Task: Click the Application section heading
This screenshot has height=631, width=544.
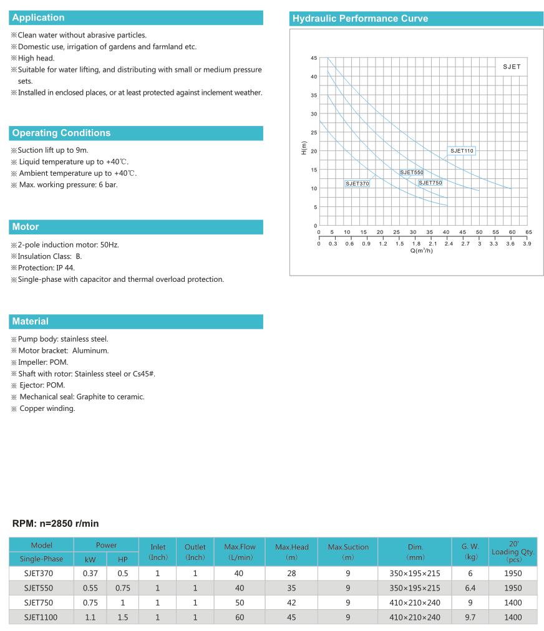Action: (38, 17)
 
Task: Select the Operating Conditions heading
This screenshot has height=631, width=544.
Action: (61, 133)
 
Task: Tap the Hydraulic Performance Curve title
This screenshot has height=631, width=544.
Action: (361, 19)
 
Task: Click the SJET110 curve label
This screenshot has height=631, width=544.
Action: (462, 151)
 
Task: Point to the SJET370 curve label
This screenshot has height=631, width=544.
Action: (357, 183)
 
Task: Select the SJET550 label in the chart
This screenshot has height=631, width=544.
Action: (412, 172)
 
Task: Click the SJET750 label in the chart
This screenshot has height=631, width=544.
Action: (430, 183)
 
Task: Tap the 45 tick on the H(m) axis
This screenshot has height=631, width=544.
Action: (314, 58)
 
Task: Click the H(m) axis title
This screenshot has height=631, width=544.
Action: (304, 148)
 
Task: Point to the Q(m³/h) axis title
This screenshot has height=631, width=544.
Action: (422, 251)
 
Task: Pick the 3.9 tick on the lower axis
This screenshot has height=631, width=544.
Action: (527, 244)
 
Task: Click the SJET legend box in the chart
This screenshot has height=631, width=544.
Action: (512, 67)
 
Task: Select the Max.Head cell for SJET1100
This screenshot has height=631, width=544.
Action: (291, 617)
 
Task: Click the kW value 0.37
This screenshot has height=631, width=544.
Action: (90, 573)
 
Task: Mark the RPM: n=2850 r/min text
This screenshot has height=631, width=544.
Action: (56, 523)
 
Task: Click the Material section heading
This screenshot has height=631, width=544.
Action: (30, 321)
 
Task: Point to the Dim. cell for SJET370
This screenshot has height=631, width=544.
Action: (415, 573)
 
